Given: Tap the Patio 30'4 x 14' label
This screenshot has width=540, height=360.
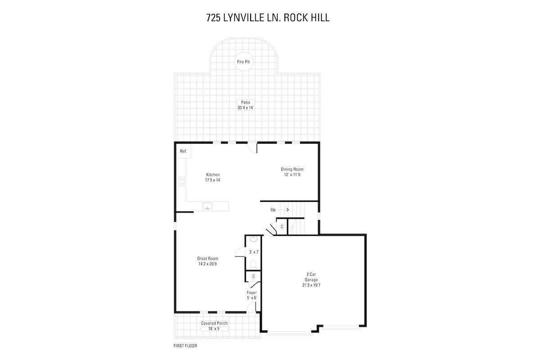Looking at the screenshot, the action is pyautogui.click(x=246, y=105).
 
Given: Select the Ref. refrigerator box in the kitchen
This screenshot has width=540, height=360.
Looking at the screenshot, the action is pyautogui.click(x=184, y=151).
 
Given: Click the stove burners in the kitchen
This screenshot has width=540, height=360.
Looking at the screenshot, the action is pyautogui.click(x=181, y=181).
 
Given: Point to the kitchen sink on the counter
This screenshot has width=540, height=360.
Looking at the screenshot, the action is pyautogui.click(x=207, y=207).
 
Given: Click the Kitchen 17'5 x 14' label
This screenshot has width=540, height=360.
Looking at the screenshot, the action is pyautogui.click(x=213, y=177).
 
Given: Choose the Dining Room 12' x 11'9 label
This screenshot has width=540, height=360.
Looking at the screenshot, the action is pyautogui.click(x=292, y=172).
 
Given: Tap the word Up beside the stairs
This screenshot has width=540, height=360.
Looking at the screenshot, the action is pyautogui.click(x=273, y=210).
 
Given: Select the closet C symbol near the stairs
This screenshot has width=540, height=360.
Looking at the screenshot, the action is pyautogui.click(x=282, y=227).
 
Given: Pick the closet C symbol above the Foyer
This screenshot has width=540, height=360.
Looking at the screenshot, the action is pyautogui.click(x=253, y=276).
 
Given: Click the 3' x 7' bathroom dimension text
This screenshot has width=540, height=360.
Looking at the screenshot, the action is pyautogui.click(x=254, y=252).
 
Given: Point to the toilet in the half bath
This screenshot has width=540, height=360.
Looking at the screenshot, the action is pyautogui.click(x=253, y=264).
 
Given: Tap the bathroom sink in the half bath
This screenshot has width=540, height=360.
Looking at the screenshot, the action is pyautogui.click(x=253, y=239).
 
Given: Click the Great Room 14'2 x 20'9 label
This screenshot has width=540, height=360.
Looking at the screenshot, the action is pyautogui.click(x=207, y=261).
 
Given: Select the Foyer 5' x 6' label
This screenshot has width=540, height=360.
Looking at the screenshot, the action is pyautogui.click(x=252, y=295).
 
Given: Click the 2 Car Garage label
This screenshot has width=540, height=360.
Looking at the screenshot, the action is pyautogui.click(x=311, y=280).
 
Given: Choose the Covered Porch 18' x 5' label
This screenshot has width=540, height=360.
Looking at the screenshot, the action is pyautogui.click(x=214, y=326).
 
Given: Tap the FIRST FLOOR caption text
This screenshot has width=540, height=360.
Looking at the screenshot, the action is pyautogui.click(x=185, y=346).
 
